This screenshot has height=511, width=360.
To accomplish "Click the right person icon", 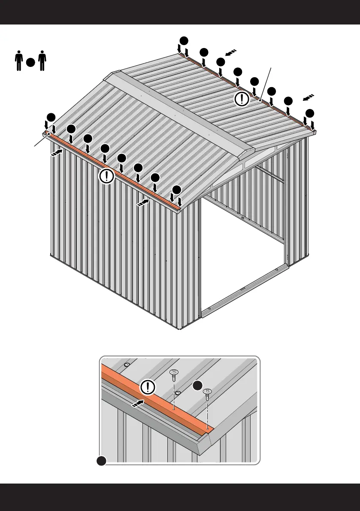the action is (42, 61).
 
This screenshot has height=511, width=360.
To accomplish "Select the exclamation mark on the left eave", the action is (107, 175).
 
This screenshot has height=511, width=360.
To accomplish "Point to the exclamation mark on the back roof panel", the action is (242, 99).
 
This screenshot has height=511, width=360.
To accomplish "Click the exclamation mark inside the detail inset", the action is (148, 387).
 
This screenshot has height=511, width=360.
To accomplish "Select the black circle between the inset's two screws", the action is (197, 385).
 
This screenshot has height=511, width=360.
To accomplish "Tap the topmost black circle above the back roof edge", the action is (184, 40).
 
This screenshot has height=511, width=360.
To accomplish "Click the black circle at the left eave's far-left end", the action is (51, 117).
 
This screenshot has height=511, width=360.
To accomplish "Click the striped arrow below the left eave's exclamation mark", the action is (143, 203).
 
